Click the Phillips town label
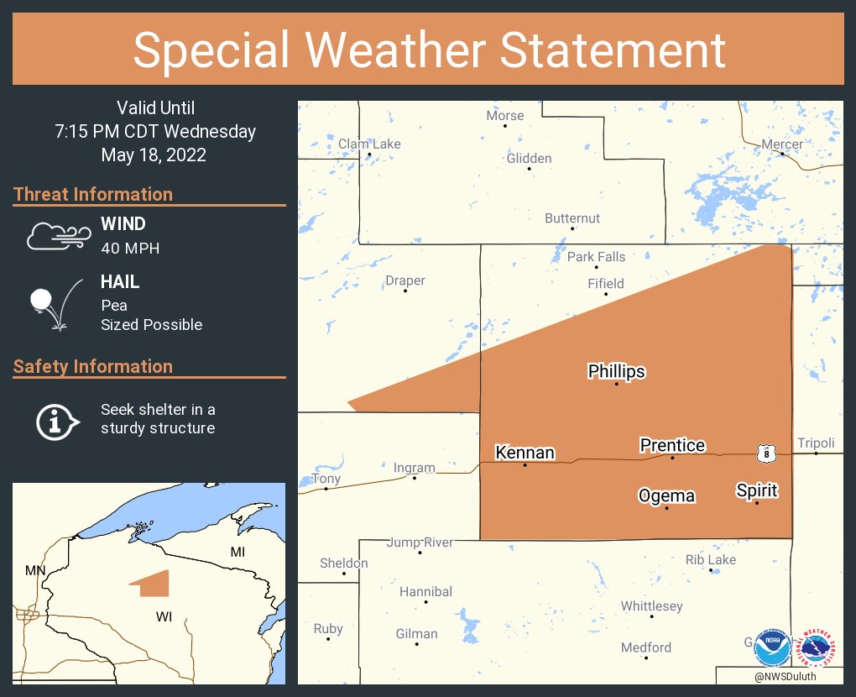point(616,371)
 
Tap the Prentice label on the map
point(672,445)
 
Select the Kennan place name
point(525,453)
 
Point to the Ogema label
point(666,495)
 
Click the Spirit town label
point(757,490)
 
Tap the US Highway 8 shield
point(765,453)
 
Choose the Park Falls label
point(596,257)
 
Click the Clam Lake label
point(369,144)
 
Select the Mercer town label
point(782,144)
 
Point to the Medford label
point(646,647)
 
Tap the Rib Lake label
point(711,559)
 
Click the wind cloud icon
point(56,236)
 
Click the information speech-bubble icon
point(56,420)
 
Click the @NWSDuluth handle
point(785,676)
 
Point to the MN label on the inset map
point(35,571)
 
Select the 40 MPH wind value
point(130,248)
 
